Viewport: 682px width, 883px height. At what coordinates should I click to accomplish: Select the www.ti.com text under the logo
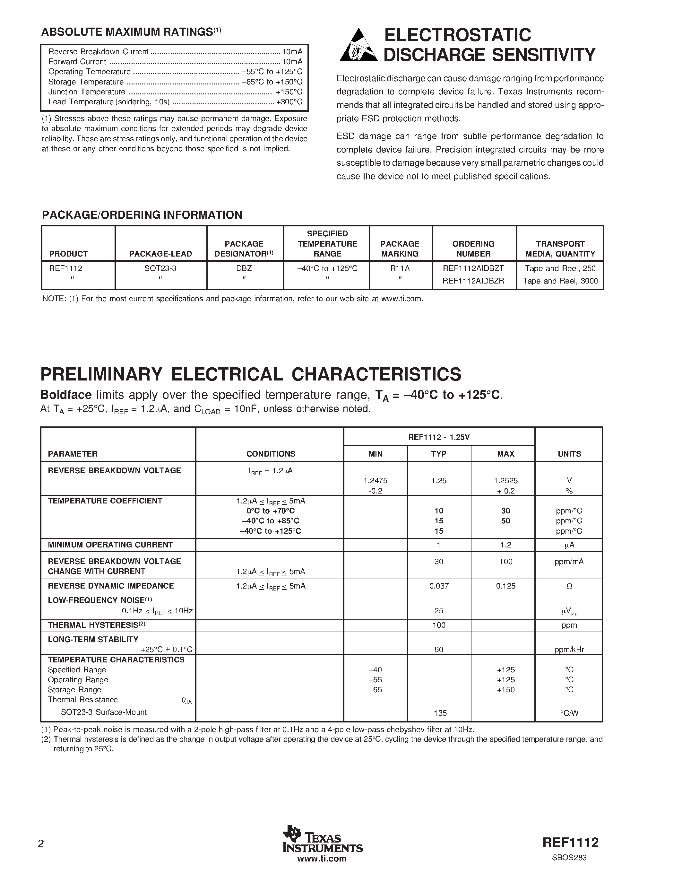322,859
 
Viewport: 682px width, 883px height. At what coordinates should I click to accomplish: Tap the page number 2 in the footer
40,844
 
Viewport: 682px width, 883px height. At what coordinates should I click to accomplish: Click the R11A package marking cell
400,268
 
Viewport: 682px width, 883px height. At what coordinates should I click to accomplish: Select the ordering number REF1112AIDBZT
473,268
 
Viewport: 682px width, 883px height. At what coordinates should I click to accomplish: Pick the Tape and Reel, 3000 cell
560,281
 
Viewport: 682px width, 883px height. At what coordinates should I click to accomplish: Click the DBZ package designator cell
244,268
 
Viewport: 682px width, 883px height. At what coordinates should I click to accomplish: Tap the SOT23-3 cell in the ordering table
160,268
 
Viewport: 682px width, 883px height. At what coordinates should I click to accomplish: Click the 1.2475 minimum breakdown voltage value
376,481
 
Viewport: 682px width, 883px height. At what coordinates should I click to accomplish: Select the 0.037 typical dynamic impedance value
439,586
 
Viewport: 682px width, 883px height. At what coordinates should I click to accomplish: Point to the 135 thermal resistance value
440,713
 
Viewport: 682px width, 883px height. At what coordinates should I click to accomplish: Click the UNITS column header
569,454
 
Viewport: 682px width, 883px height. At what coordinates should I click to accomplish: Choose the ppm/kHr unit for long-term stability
569,650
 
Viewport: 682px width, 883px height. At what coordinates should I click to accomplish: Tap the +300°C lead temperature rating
289,102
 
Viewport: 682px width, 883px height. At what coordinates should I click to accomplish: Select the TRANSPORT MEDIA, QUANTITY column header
560,249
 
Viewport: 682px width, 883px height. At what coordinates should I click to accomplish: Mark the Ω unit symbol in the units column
569,586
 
